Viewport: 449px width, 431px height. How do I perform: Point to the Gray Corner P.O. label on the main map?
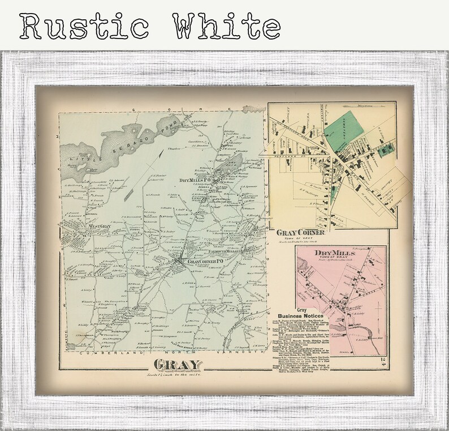click(194, 262)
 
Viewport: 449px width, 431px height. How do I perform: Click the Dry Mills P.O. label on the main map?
click(195, 180)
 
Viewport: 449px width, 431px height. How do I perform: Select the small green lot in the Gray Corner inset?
click(387, 149)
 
